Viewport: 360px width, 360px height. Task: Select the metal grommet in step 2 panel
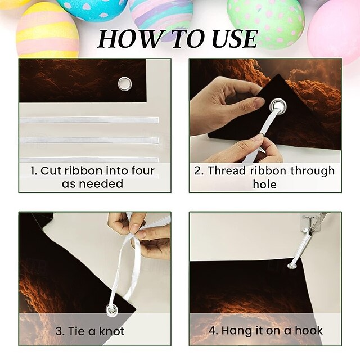(277, 106)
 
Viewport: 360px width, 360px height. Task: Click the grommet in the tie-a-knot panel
(112, 309)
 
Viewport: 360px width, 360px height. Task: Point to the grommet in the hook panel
(292, 266)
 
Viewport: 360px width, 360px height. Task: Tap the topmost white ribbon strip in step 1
(89, 120)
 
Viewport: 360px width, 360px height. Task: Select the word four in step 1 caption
(143, 170)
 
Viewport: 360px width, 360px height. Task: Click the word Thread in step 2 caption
(227, 170)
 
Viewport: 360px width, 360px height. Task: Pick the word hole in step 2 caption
(265, 184)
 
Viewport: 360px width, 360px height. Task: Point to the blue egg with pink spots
(92, 9)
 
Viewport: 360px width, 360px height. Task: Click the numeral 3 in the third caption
(58, 331)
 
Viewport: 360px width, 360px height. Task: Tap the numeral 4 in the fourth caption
(213, 331)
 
